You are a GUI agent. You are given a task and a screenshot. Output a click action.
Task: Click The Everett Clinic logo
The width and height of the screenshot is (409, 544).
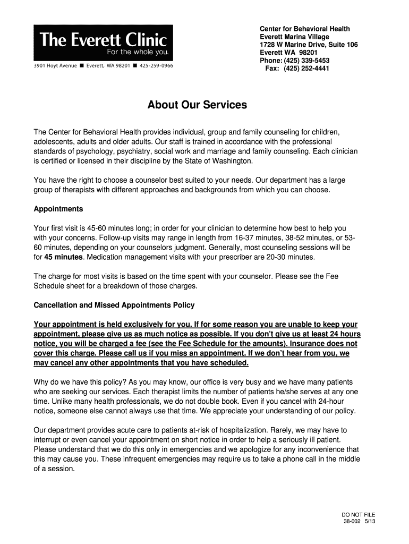click(x=103, y=43)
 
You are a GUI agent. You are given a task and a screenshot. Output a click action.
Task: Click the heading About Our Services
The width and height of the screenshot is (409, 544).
click(x=197, y=105)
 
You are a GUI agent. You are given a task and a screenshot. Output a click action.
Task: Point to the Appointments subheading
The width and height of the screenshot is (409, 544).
click(x=58, y=209)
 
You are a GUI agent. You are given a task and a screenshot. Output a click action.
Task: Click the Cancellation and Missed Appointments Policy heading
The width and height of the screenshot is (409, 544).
click(x=114, y=305)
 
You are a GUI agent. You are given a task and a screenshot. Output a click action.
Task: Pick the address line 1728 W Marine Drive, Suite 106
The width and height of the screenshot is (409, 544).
click(x=309, y=45)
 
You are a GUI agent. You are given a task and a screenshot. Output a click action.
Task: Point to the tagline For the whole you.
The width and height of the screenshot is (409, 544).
click(x=138, y=53)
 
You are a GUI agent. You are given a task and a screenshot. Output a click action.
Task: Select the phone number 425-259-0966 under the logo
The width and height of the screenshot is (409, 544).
click(x=156, y=66)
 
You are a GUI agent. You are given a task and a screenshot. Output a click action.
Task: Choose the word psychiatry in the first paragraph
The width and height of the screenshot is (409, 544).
click(x=142, y=151)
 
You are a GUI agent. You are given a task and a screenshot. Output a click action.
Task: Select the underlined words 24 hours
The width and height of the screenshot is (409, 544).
click(x=342, y=334)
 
